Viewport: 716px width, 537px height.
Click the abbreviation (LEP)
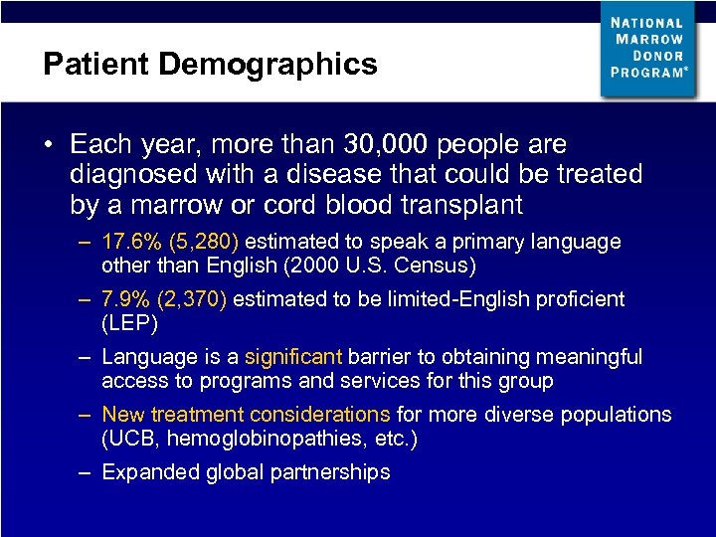pos(129,323)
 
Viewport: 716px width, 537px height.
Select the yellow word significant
pos(292,357)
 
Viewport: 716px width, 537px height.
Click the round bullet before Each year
pos(48,145)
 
